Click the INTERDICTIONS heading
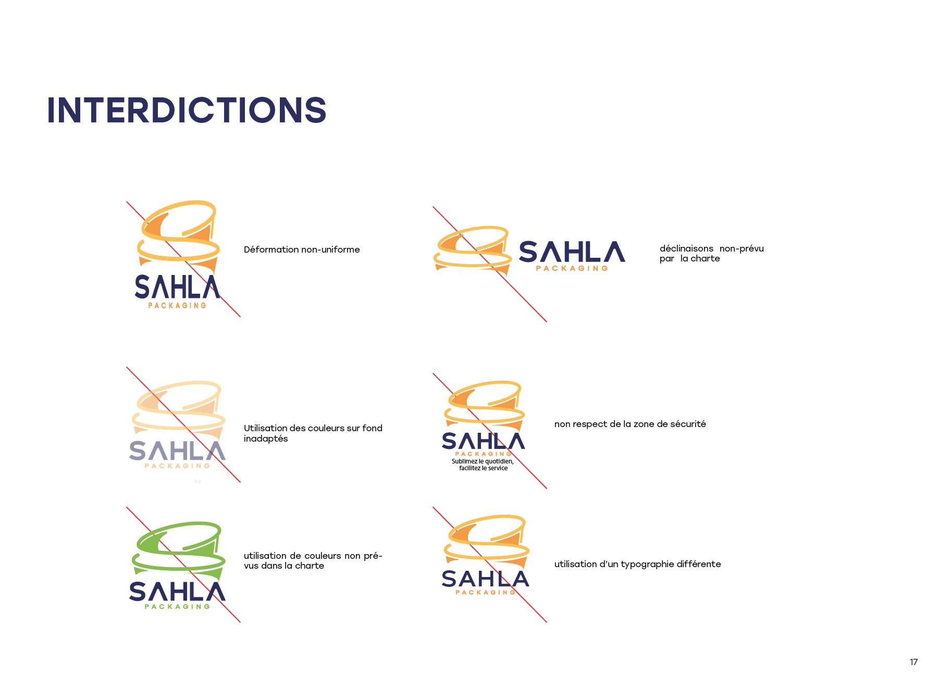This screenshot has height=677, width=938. click(x=187, y=110)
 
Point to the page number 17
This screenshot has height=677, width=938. click(x=913, y=662)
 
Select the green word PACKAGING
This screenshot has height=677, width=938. click(x=178, y=607)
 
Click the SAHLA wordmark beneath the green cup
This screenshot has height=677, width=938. click(x=177, y=592)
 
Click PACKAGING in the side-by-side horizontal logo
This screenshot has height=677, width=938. click(x=572, y=269)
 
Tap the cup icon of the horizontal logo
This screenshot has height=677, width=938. click(x=472, y=247)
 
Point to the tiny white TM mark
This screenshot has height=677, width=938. click(x=224, y=468)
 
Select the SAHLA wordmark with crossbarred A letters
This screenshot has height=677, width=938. click(x=485, y=579)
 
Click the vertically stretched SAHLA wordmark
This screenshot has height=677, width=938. click(x=177, y=287)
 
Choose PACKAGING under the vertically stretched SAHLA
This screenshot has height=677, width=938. click(x=177, y=306)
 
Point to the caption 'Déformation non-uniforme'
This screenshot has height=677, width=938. click(x=302, y=250)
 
